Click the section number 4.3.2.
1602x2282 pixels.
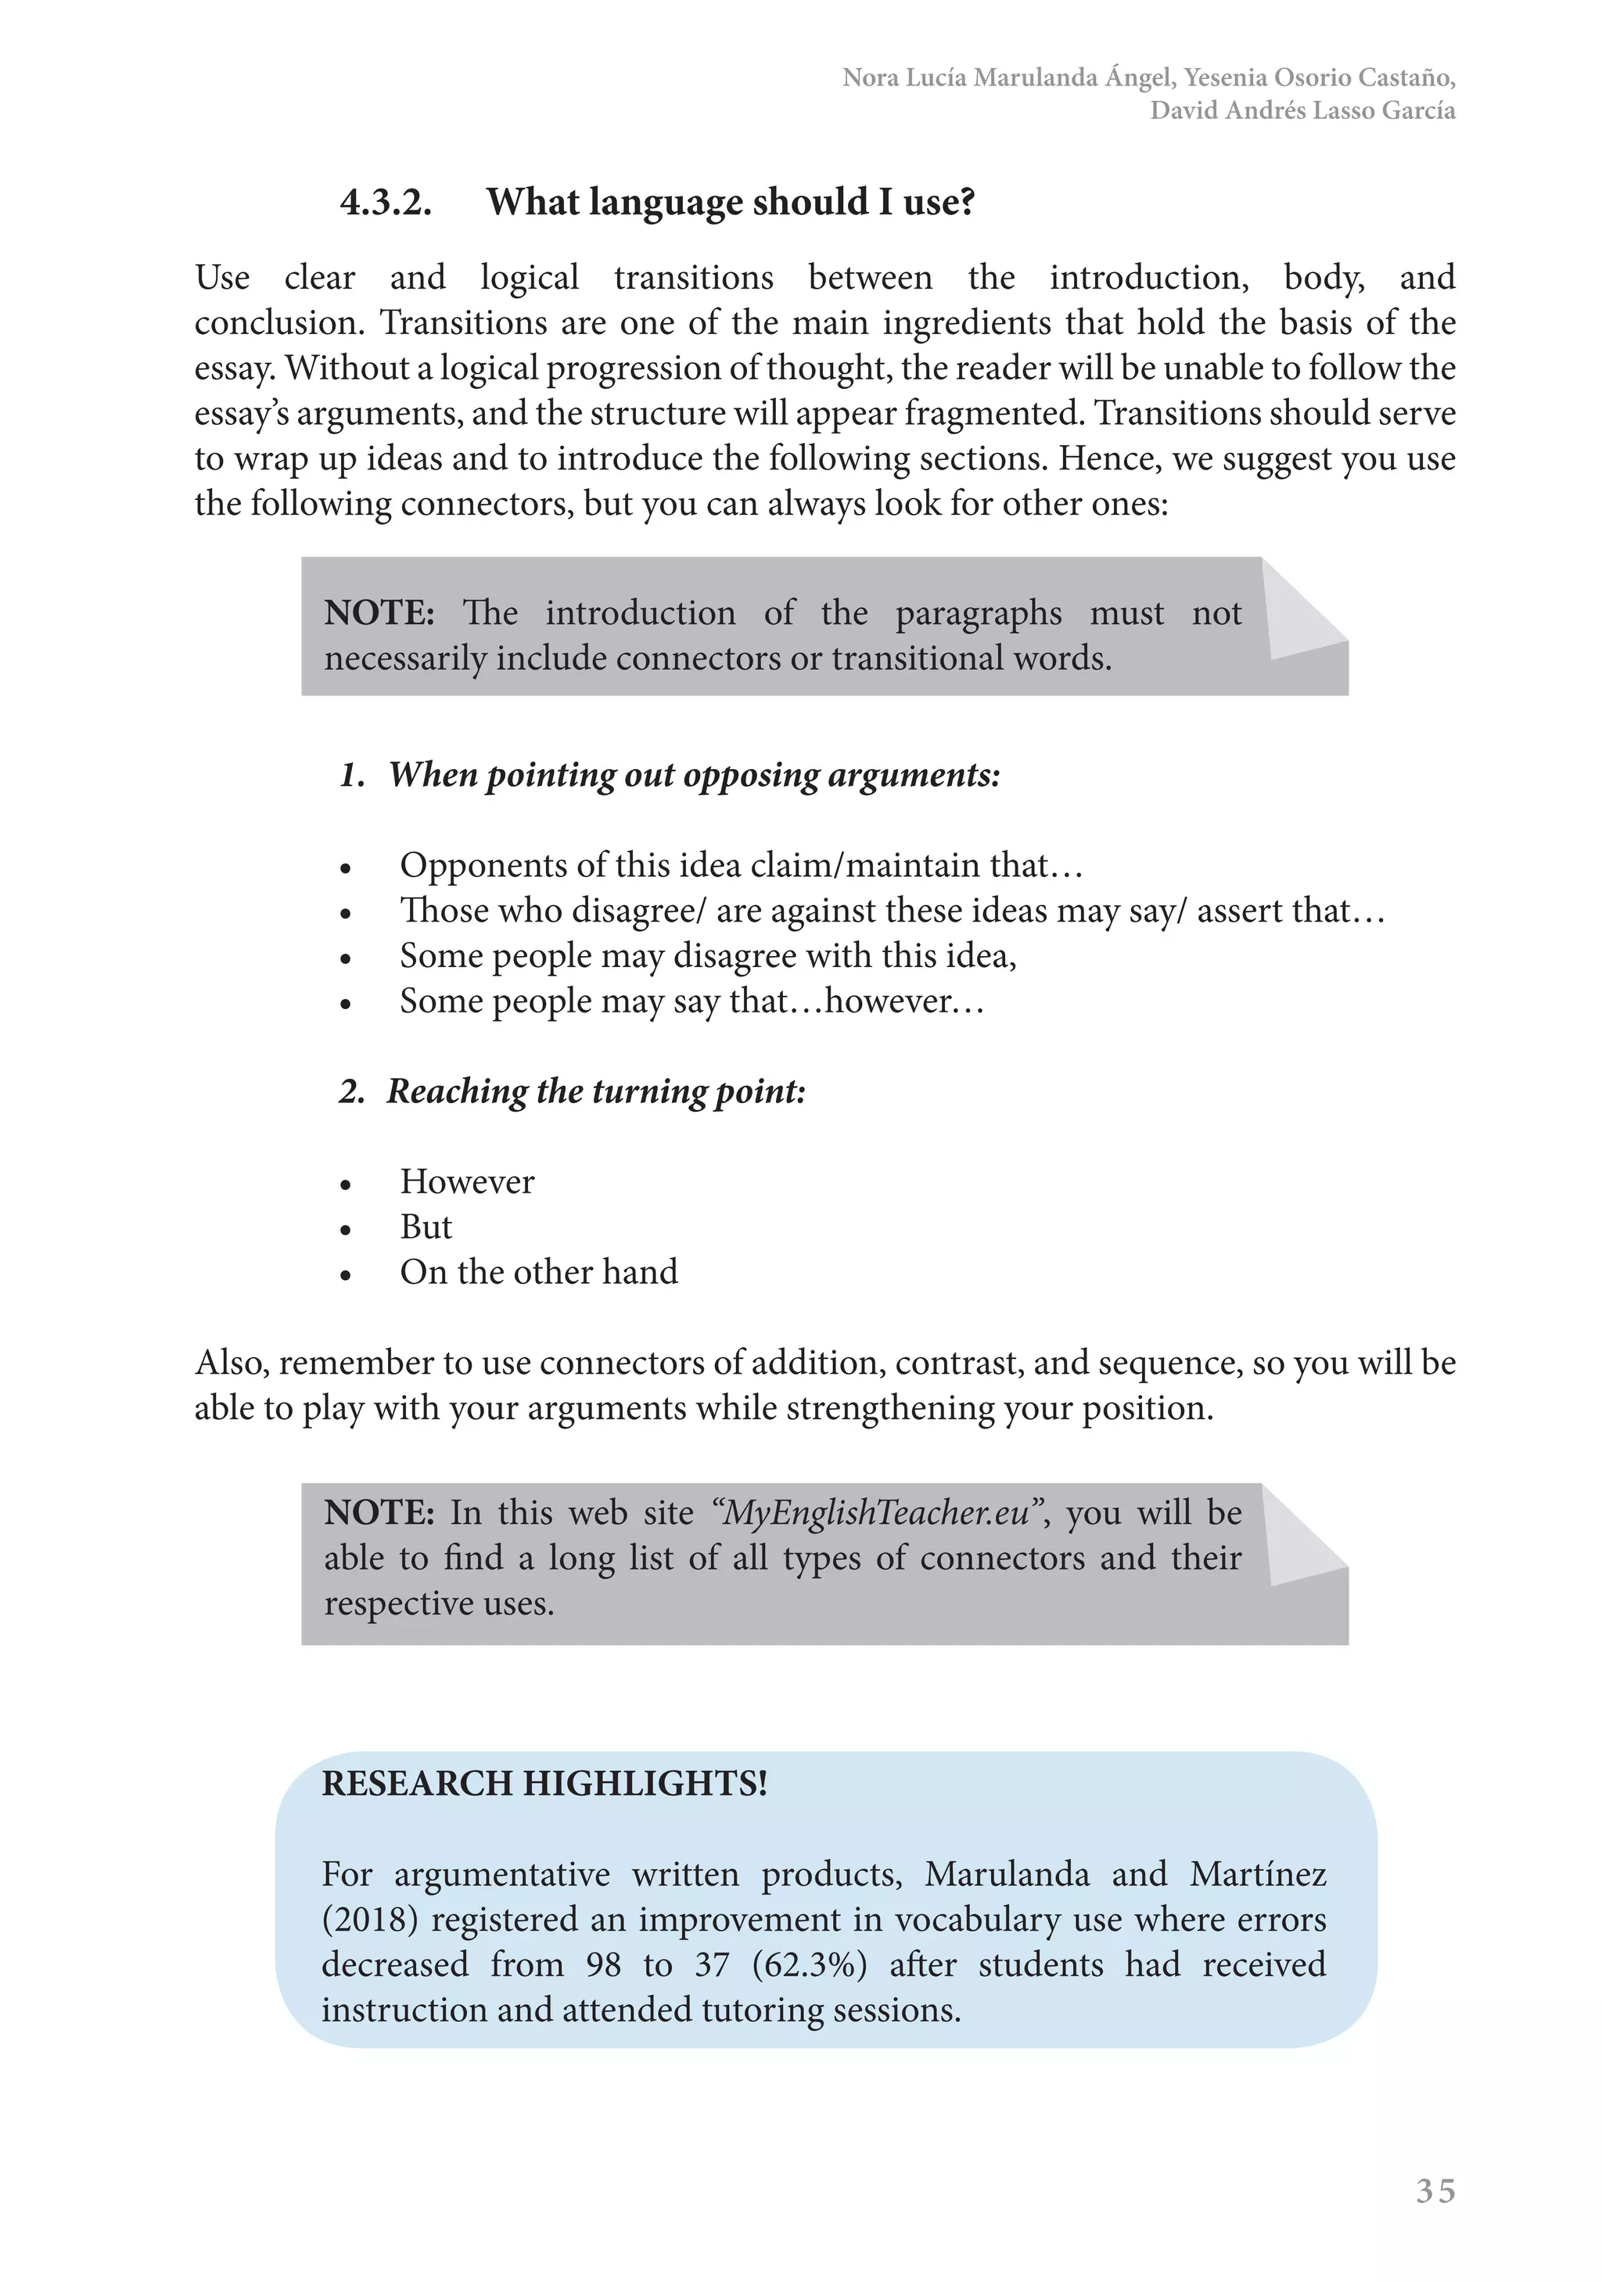[x=386, y=203]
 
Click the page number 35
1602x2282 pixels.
[x=1435, y=2190]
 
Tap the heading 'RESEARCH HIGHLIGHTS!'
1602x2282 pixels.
[x=544, y=1783]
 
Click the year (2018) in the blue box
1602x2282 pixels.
[x=370, y=1918]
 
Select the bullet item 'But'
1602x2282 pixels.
[x=426, y=1227]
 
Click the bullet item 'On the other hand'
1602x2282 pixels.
[x=539, y=1272]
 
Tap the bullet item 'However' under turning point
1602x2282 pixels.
[x=467, y=1182]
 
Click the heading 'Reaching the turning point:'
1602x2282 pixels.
[x=595, y=1091]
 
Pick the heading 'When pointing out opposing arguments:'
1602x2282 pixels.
[x=694, y=774]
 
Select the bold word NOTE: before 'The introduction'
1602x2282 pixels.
[x=379, y=613]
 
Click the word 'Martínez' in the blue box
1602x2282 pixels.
[x=1257, y=1874]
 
